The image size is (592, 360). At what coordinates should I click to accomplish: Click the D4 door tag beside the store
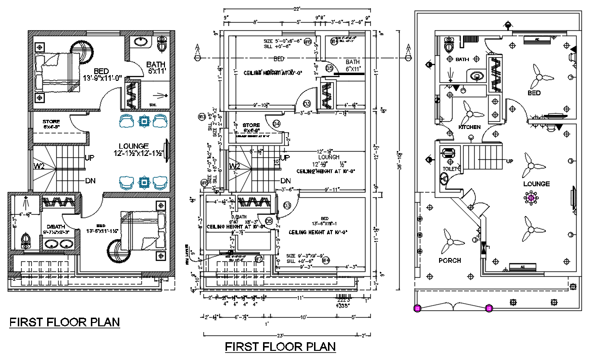[277, 124]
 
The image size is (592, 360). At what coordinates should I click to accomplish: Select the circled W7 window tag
[259, 259]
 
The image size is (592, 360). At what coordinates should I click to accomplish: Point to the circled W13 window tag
[202, 116]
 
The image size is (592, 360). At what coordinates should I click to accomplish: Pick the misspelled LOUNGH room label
[328, 157]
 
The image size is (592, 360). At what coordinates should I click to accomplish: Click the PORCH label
[450, 260]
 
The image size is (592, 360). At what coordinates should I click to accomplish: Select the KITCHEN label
[469, 127]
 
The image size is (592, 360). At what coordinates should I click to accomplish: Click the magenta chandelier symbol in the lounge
[531, 197]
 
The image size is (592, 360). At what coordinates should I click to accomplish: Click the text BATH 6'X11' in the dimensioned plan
[353, 65]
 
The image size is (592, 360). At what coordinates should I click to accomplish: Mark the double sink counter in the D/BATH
[60, 243]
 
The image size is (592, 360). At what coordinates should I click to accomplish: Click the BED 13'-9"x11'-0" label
[102, 75]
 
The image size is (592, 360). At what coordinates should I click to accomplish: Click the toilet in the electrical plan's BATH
[450, 47]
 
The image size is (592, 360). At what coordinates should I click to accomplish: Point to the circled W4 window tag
[326, 260]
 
